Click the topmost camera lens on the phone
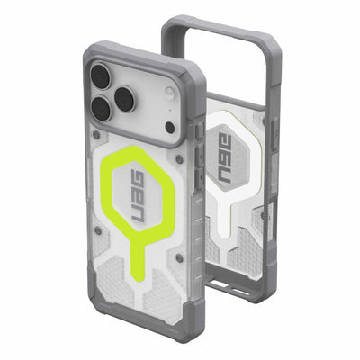click(101, 76)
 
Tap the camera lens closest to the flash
click(126, 99)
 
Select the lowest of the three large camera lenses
click(102, 109)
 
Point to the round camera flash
click(169, 92)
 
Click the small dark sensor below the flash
click(170, 128)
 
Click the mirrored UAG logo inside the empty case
click(225, 158)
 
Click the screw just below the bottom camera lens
click(97, 134)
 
